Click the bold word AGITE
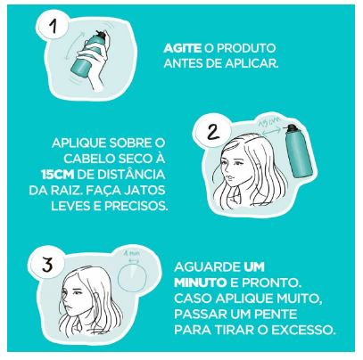pos(183,48)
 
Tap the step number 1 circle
pos(54,26)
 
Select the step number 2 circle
pos(213,131)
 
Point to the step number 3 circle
pos(47,264)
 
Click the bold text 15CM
pos(57,175)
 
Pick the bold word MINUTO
pos(201,282)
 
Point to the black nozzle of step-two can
pos(292,128)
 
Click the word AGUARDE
pos(208,267)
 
